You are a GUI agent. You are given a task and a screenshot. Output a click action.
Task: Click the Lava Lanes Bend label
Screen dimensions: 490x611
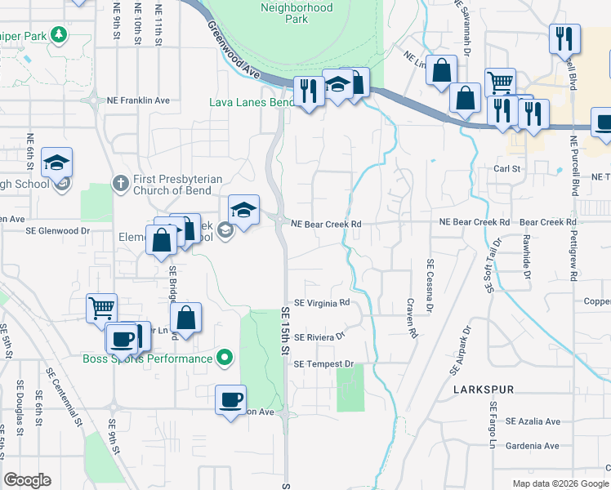click(251, 102)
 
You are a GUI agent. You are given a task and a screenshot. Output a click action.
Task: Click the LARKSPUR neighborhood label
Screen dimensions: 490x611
click(484, 390)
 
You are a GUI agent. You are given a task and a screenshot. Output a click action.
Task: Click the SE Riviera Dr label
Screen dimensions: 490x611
click(320, 336)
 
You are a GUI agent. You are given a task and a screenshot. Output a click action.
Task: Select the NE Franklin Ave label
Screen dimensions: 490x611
click(138, 100)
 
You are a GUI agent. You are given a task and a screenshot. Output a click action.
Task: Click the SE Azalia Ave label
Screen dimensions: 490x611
click(533, 421)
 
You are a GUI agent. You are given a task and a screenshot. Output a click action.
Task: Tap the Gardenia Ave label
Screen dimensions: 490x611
click(533, 446)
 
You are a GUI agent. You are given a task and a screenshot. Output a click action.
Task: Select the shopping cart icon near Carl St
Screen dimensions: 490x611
click(500, 82)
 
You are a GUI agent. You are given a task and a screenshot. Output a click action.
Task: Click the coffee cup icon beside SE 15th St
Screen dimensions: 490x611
click(230, 399)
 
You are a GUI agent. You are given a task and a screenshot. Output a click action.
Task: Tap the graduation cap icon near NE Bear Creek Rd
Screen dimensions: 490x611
click(243, 211)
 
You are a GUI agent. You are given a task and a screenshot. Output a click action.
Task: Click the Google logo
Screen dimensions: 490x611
click(27, 480)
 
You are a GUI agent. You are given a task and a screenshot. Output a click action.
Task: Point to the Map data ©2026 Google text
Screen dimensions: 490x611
click(560, 483)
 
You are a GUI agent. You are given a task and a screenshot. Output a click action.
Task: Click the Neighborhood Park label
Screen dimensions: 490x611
click(297, 13)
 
